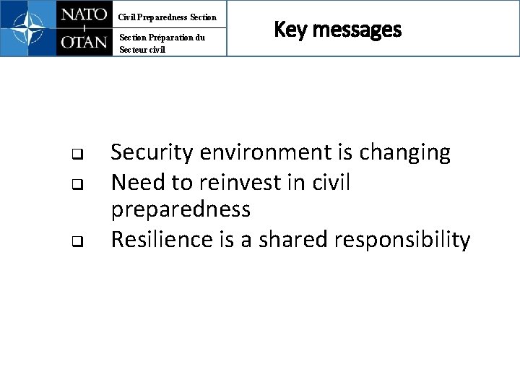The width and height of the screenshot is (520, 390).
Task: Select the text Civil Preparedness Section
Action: (x=168, y=17)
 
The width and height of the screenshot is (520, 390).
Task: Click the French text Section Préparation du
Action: (x=162, y=38)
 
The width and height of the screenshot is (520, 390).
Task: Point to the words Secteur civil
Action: (x=142, y=50)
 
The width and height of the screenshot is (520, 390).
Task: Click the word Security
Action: (x=151, y=153)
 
